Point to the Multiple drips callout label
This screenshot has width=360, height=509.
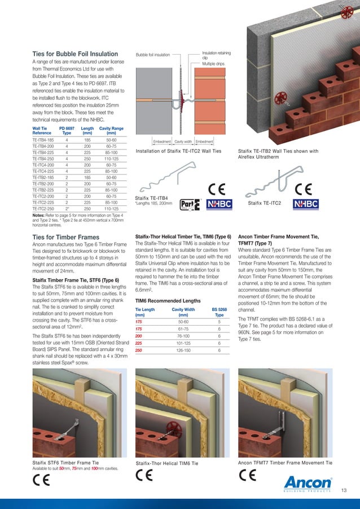tap(213, 64)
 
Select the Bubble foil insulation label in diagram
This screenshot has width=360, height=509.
tap(153, 55)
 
